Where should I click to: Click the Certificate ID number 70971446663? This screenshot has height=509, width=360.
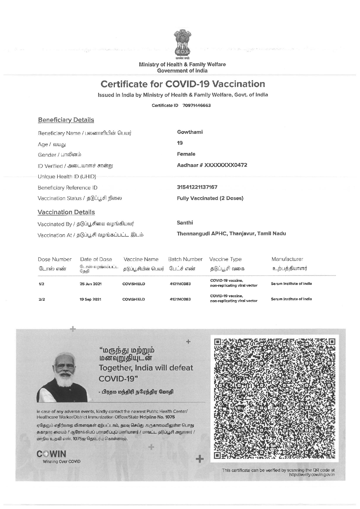[196, 105]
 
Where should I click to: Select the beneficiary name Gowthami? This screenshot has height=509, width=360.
[190, 132]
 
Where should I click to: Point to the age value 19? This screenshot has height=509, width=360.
[180, 143]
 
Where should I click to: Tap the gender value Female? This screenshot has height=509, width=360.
[186, 154]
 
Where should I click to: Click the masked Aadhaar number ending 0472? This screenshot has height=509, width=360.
[212, 165]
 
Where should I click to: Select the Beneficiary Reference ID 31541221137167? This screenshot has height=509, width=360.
[197, 187]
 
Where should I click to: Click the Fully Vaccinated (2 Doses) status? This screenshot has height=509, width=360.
[210, 198]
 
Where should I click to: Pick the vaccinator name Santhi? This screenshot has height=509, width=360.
[185, 223]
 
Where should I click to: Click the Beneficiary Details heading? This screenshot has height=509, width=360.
[66, 120]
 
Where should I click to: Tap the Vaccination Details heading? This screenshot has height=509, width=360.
[66, 212]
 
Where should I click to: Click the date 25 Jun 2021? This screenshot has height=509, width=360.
[91, 284]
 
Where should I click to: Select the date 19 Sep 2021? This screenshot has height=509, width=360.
[91, 299]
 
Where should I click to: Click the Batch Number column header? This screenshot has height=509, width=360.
[185, 259]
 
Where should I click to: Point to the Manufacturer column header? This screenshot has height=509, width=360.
[287, 259]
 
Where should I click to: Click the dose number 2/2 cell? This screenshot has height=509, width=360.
[42, 299]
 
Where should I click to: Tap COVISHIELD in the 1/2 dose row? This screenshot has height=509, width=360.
[134, 284]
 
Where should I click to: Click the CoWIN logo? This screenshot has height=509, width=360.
[52, 454]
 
